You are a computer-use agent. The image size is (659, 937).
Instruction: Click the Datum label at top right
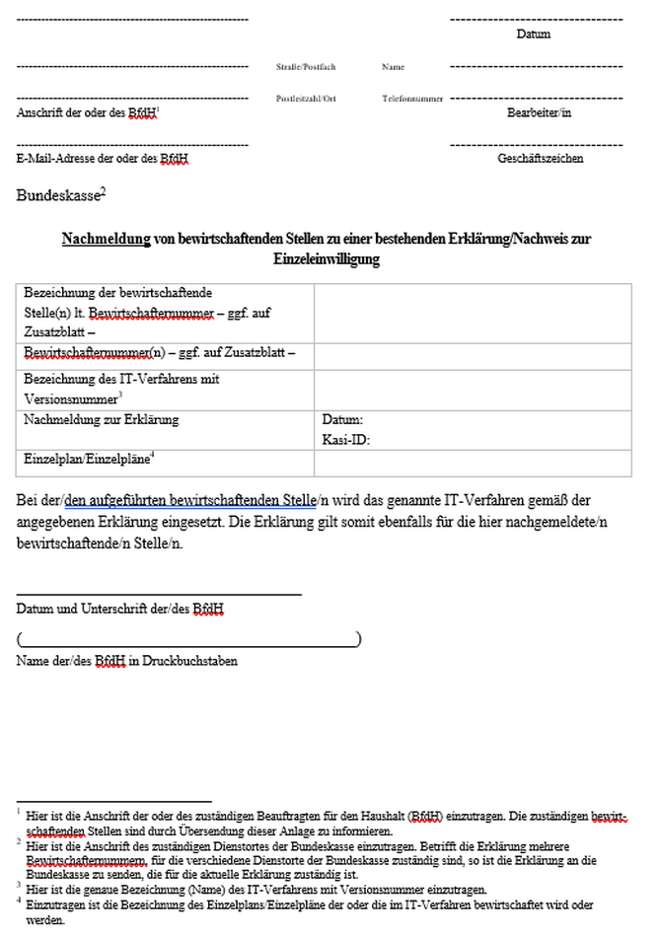pyautogui.click(x=533, y=35)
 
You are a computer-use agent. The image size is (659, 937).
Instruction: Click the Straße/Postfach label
pyautogui.click(x=306, y=67)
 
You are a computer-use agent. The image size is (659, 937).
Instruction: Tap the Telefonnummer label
pyautogui.click(x=412, y=99)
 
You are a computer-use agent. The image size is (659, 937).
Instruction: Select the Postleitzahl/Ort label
pyautogui.click(x=306, y=99)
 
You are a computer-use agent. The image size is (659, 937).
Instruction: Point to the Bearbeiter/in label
pyautogui.click(x=539, y=112)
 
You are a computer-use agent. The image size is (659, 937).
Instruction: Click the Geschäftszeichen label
pyautogui.click(x=540, y=158)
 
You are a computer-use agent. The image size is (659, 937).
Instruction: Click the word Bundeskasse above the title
pyautogui.click(x=57, y=195)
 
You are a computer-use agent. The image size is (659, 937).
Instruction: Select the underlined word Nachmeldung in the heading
pyautogui.click(x=106, y=239)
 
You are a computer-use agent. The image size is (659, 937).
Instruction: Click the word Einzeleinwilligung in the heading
pyautogui.click(x=327, y=259)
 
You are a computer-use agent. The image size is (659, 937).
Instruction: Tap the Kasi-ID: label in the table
pyautogui.click(x=346, y=440)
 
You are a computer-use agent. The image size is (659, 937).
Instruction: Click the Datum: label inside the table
pyautogui.click(x=342, y=420)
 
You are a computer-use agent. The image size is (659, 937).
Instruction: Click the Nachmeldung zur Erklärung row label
pyautogui.click(x=101, y=420)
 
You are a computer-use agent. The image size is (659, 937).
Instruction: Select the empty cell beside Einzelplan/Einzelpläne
pyautogui.click(x=473, y=463)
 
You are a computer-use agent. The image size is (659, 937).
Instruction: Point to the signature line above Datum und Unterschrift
pyautogui.click(x=158, y=595)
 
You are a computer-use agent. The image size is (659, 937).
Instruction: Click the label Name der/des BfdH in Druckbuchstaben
pyautogui.click(x=126, y=661)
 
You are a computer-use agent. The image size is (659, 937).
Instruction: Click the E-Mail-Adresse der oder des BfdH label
pyautogui.click(x=103, y=158)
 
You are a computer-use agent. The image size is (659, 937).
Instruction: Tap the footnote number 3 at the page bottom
pyautogui.click(x=19, y=886)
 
